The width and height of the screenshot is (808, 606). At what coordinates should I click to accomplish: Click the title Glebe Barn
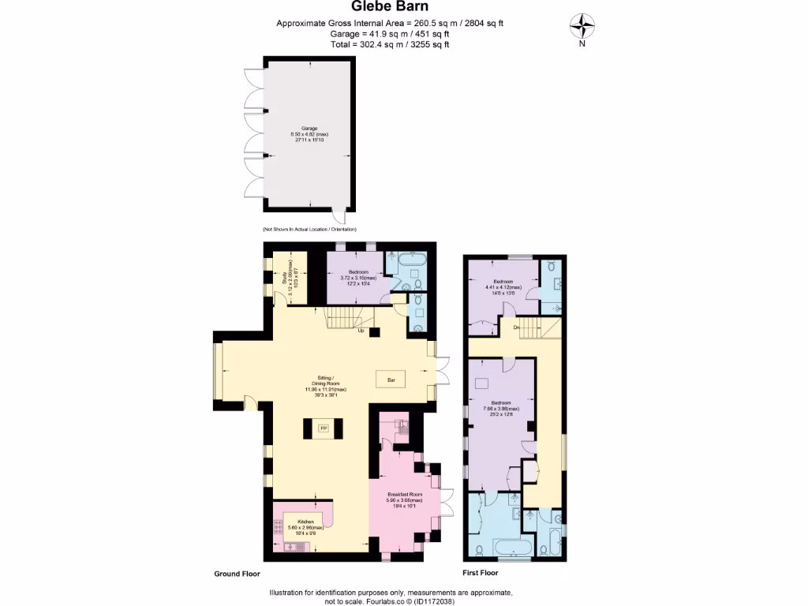coord(390,8)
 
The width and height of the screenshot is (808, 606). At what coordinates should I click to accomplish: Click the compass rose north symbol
coord(582,28)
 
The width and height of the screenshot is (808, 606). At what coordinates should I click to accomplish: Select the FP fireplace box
coord(323,428)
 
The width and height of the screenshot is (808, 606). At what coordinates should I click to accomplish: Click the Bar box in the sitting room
coord(391,380)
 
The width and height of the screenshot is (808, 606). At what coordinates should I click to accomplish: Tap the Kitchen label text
coord(305,522)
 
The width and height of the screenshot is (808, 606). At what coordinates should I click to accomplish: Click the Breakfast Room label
coord(404,495)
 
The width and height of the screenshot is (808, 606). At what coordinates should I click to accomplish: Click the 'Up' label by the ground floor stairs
coord(361,331)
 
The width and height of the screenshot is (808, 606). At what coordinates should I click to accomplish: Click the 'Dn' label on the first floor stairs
coord(515,327)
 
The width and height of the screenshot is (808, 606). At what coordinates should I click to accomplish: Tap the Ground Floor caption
coord(237,574)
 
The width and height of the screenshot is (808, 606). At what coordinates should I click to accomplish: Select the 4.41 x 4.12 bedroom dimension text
coord(504,287)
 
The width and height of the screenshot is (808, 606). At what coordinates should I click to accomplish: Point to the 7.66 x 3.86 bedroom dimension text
coord(502,409)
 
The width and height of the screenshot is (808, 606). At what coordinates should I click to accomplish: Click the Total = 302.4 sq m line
coord(390,45)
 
